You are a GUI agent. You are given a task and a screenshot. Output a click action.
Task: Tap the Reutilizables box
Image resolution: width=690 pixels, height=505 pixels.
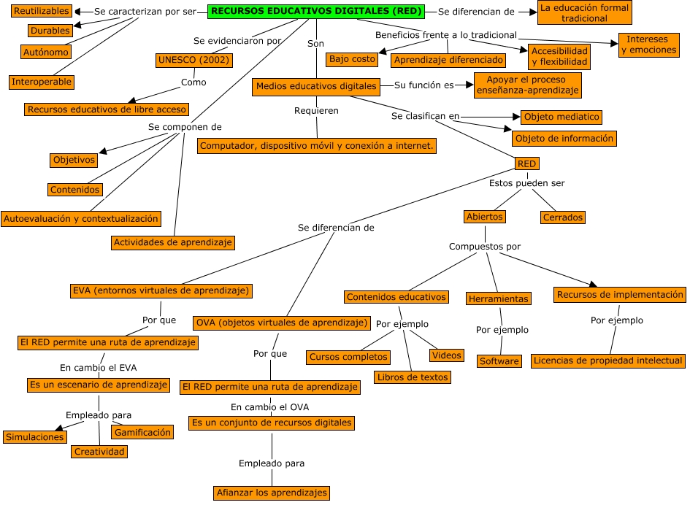[42, 11]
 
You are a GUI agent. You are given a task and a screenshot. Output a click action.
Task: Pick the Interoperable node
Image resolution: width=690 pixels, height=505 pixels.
[42, 82]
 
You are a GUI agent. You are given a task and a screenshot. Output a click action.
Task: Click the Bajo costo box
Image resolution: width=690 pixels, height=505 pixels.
[352, 59]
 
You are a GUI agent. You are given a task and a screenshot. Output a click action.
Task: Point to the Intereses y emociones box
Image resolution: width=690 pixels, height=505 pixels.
[648, 45]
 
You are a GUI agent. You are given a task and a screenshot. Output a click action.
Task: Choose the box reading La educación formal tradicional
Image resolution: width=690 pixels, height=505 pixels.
[583, 12]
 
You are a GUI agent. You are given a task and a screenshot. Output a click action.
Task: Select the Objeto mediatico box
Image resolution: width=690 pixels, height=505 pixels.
[561, 117]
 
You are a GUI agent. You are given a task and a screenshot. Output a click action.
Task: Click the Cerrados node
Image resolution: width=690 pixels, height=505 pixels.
[563, 217]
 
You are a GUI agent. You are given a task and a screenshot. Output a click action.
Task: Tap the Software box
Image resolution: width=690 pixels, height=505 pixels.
[499, 361]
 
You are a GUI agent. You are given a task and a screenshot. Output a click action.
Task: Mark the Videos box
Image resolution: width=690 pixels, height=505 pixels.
[447, 355]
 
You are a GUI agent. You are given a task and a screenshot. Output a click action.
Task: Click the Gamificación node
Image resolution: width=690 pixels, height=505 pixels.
[142, 432]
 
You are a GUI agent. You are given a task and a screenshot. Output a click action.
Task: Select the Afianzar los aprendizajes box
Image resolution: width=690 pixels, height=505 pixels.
[272, 493]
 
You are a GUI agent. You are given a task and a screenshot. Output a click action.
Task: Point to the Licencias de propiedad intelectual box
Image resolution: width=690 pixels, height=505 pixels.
[608, 361]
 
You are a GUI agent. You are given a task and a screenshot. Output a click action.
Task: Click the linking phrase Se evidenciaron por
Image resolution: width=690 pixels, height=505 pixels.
[237, 41]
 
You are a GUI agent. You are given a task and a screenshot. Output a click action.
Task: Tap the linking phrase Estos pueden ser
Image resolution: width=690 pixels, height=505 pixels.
[526, 183]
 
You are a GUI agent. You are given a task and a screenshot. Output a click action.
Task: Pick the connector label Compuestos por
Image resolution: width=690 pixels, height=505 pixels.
[485, 247]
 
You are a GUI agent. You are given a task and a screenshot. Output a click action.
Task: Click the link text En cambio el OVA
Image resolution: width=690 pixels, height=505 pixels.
[266, 406]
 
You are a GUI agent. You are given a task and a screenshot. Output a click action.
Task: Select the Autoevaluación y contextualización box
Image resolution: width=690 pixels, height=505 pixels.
[80, 218]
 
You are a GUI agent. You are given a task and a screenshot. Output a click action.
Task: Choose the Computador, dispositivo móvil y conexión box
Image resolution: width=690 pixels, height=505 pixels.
[317, 146]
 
